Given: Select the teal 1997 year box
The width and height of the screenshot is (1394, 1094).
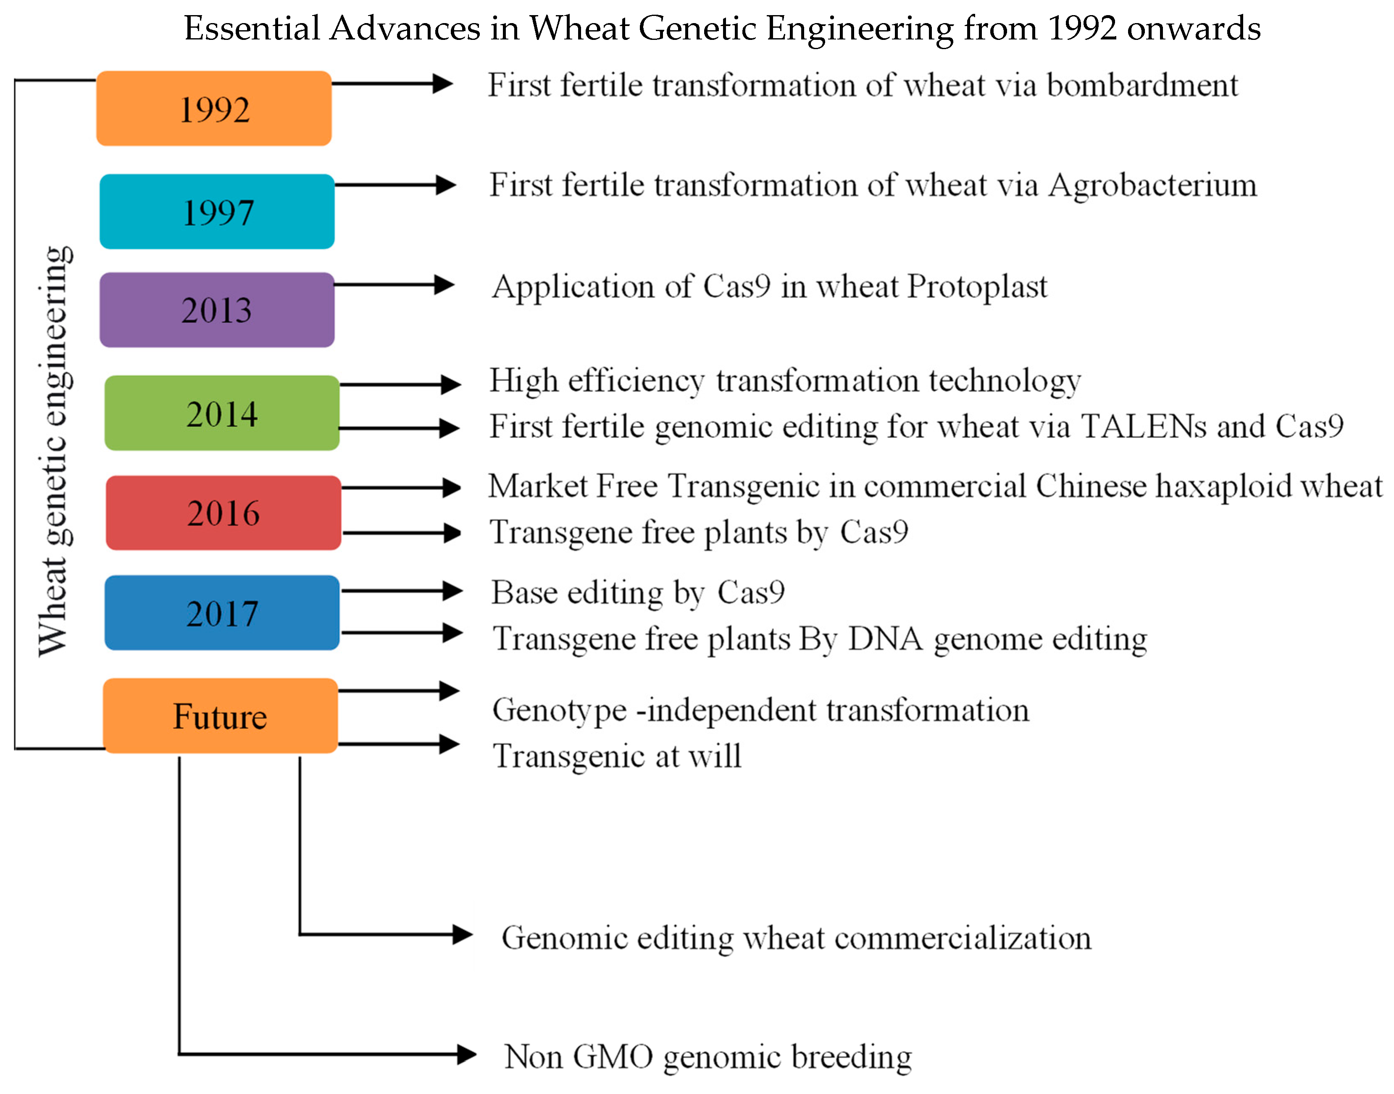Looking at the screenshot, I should (217, 212).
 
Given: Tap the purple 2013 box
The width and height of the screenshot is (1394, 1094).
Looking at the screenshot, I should (217, 310).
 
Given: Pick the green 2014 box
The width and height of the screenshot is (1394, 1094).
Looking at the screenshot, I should (222, 413).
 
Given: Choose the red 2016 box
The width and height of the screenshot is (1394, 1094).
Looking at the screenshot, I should (223, 513).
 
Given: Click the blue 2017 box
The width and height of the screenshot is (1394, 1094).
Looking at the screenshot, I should (222, 613).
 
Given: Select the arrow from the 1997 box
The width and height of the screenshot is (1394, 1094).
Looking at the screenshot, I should (394, 185).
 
